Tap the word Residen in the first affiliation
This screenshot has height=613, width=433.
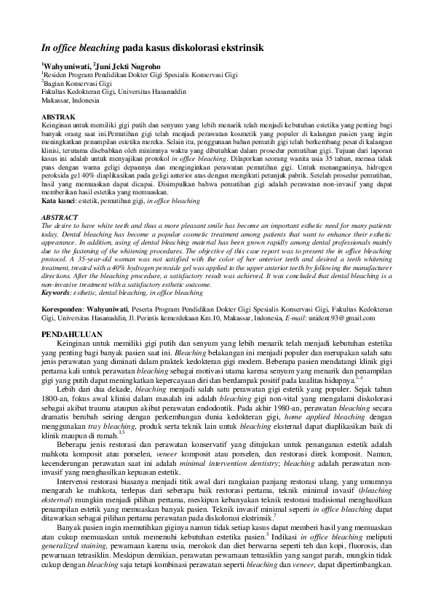pyautogui.click(x=56, y=75)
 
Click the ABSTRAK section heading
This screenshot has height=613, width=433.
pyautogui.click(x=57, y=116)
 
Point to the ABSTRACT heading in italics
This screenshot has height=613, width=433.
pyautogui.click(x=60, y=217)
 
